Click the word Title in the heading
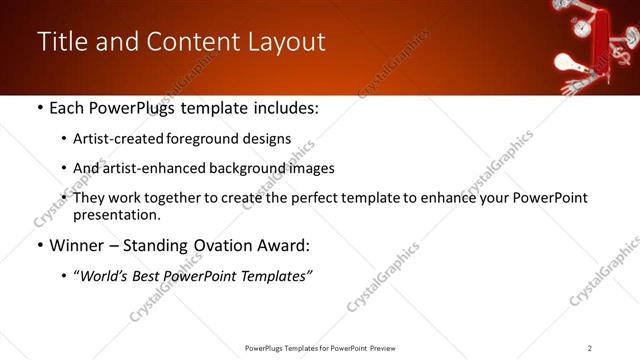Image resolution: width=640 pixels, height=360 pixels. point(61,42)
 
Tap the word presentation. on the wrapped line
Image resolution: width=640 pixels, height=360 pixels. point(116,214)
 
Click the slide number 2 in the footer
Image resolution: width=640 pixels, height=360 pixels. point(590,348)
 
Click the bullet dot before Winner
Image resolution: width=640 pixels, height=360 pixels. point(39,246)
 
